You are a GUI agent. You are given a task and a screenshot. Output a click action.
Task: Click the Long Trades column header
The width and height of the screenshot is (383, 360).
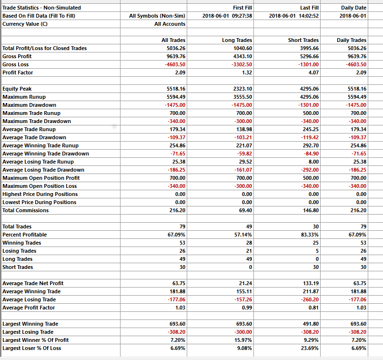[237, 40]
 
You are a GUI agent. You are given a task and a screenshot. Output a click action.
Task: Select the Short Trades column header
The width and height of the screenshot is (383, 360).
[303, 40]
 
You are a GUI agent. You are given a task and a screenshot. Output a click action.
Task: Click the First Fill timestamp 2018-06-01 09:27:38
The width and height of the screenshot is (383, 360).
[227, 16]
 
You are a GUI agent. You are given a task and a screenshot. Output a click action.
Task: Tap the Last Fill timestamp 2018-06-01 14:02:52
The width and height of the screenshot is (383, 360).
[294, 16]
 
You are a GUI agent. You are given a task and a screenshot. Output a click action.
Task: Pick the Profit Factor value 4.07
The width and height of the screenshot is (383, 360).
[313, 72]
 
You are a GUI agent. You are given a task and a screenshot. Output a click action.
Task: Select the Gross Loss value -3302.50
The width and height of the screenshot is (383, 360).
[242, 64]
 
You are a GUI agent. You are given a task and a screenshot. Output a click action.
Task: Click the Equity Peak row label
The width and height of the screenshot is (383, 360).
[17, 89]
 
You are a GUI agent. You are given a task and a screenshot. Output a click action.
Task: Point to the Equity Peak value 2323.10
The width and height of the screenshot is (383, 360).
[242, 89]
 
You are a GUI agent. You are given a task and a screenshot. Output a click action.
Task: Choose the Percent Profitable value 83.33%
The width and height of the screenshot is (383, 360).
[309, 235]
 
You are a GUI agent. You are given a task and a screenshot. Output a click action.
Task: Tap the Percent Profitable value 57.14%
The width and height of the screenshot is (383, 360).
[242, 235]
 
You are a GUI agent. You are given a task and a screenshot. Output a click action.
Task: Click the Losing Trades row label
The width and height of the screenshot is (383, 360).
[20, 251]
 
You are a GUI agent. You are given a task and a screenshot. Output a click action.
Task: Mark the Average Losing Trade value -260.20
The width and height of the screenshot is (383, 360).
[310, 299]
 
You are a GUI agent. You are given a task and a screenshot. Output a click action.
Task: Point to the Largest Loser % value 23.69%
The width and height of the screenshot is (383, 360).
[309, 348]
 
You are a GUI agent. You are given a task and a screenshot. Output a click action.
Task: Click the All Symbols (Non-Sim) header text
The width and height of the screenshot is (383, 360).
[157, 16]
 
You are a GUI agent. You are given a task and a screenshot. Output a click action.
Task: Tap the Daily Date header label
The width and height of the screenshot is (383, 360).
[353, 8]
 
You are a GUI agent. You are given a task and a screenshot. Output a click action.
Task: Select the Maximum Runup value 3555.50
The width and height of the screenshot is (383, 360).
[242, 97]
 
